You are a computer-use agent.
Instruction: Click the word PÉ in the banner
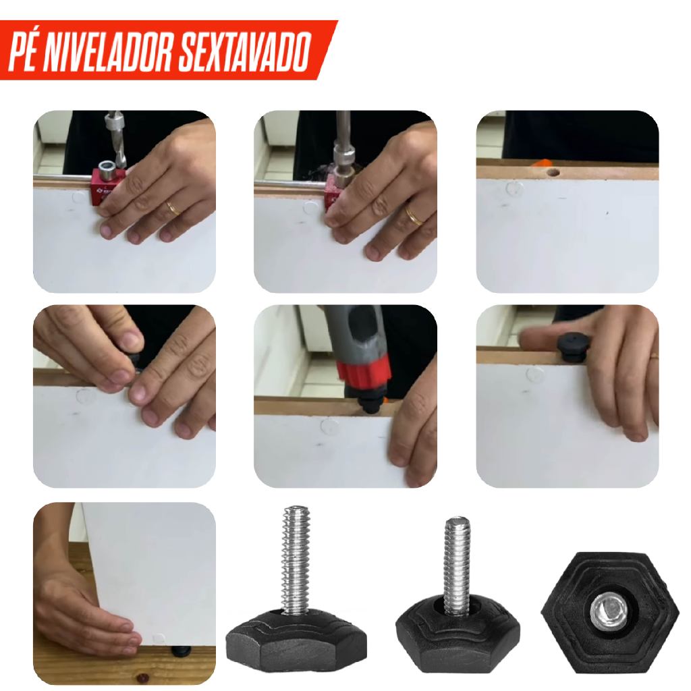(24, 51)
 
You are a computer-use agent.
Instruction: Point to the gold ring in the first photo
(174, 209)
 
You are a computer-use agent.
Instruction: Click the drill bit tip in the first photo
(120, 163)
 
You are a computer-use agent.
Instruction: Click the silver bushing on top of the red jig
(106, 170)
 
